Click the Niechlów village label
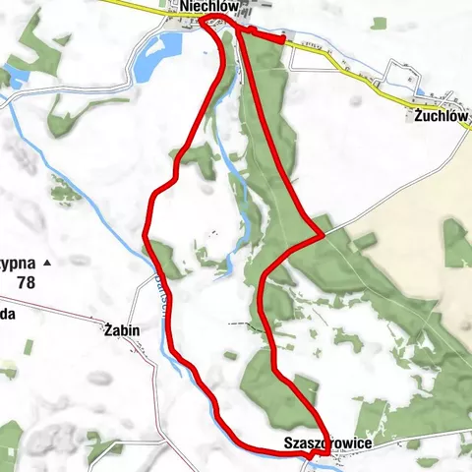[206, 8]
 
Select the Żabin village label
[121, 330]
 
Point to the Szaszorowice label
[327, 443]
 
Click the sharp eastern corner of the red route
[321, 234]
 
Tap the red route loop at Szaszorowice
[317, 451]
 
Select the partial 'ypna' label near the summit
[17, 264]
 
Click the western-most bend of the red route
[146, 234]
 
